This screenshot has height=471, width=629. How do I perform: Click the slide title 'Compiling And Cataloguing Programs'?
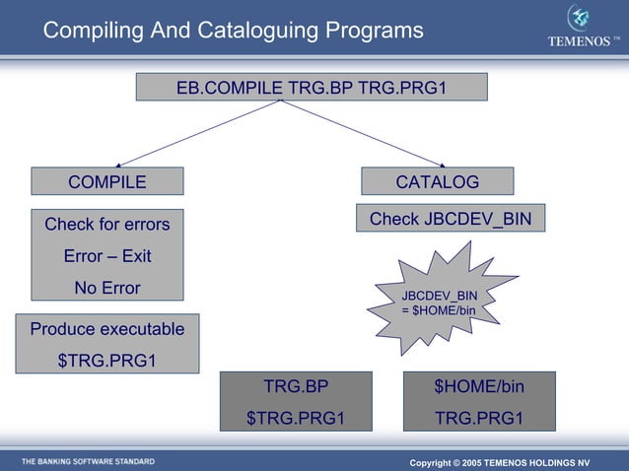[x=233, y=32]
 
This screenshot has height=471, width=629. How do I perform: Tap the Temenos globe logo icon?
[x=580, y=18]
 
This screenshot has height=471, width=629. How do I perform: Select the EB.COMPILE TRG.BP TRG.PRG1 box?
[x=311, y=88]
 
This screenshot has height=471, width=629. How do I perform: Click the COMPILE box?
[x=106, y=181]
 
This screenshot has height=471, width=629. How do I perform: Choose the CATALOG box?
[x=437, y=181]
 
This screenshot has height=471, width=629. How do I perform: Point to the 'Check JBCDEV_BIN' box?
[x=450, y=219]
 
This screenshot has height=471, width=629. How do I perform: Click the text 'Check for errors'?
[x=106, y=225]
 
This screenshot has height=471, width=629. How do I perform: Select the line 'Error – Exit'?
[x=106, y=256]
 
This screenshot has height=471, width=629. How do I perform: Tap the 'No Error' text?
[x=106, y=289]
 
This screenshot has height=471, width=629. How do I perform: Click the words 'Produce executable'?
[x=106, y=329]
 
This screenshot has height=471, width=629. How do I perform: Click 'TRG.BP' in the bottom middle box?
[x=296, y=386]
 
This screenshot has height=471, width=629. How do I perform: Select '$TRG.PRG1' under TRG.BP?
[x=296, y=418]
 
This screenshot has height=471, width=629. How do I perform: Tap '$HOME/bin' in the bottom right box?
[x=479, y=386]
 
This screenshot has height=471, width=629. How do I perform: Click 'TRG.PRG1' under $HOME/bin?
[x=479, y=418]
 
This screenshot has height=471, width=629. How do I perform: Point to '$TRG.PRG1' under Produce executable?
[x=106, y=360]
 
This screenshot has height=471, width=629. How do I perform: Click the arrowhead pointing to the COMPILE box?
[x=121, y=164]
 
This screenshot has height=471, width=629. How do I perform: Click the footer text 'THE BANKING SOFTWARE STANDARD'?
[x=88, y=461]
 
